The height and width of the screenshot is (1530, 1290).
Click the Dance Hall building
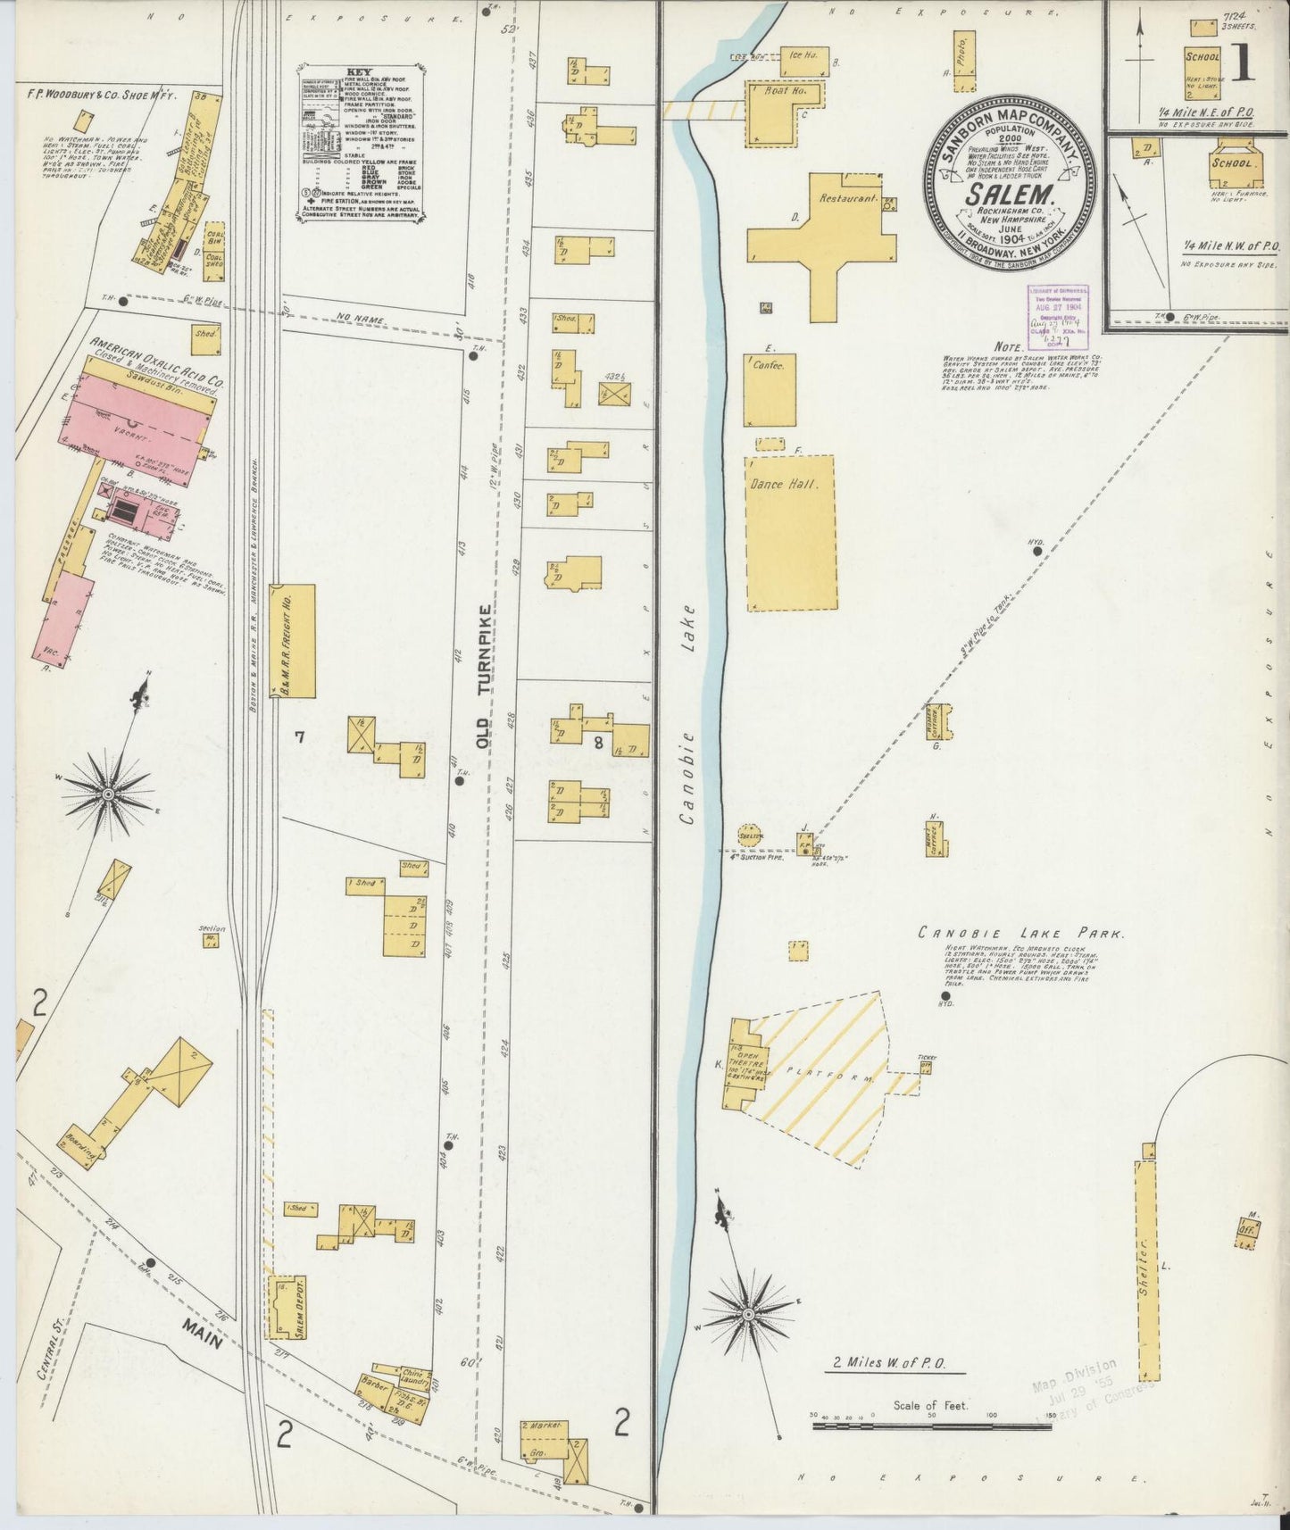[791, 533]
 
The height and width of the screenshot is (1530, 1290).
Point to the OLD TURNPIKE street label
[484, 676]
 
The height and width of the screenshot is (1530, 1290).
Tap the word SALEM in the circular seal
[1011, 194]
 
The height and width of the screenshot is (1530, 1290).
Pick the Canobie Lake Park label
[1021, 933]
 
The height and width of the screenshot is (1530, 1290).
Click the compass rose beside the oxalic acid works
[108, 793]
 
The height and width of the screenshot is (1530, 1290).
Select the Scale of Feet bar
[931, 1427]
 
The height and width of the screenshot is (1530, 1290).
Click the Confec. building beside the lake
[770, 391]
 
